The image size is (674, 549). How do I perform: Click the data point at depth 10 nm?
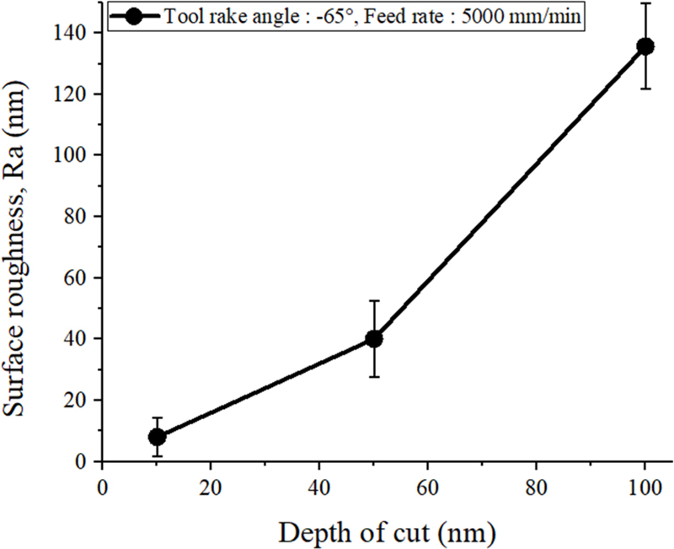(157, 437)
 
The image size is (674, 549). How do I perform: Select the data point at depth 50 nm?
(373, 338)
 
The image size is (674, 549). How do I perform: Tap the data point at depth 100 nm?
(645, 46)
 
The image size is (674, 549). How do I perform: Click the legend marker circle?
(134, 15)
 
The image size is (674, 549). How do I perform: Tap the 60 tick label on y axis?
(80, 277)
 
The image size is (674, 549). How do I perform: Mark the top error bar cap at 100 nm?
(645, 3)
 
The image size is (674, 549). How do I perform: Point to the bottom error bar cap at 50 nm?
(373, 376)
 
